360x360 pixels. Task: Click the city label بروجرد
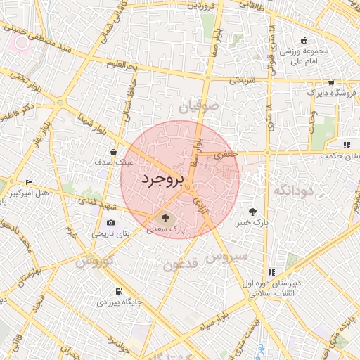point(162,180)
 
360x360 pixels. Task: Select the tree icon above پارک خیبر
point(252,210)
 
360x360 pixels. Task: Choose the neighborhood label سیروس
point(226,257)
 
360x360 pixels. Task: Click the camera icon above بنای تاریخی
point(111,223)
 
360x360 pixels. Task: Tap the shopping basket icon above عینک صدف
point(114,151)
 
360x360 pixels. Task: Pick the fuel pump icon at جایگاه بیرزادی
point(118,291)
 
